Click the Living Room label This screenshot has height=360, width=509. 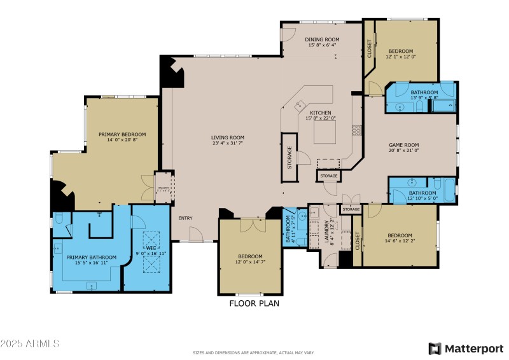tap(228, 137)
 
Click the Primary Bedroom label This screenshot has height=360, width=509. tap(122, 134)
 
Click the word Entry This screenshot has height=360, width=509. tap(185, 219)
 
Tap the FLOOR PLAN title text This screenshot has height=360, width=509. tap(254, 303)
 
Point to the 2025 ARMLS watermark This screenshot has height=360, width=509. tap(30, 343)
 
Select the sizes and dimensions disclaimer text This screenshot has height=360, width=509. tap(253, 352)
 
